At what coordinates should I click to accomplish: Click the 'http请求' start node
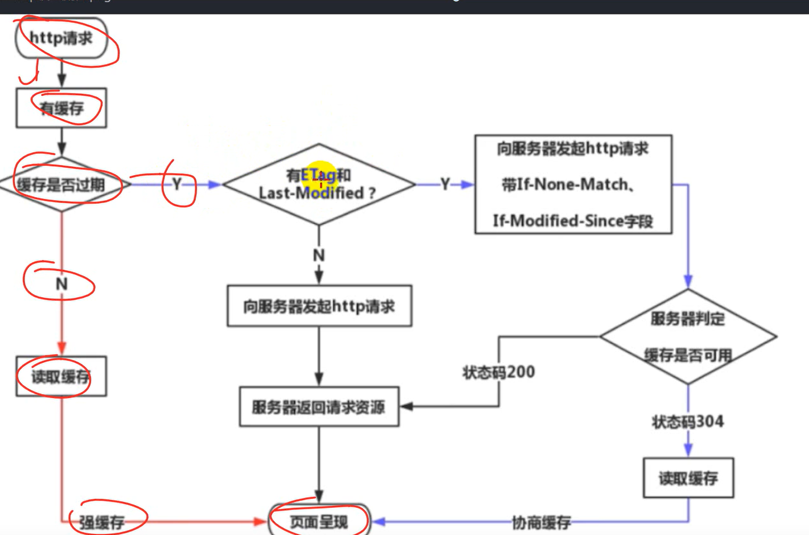61,38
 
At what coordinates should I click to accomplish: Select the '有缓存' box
61,108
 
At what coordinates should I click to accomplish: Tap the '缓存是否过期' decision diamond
61,185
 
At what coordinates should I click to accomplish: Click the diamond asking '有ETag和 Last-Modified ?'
318,184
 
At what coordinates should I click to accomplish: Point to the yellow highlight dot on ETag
319,176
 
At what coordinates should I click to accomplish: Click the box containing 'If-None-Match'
573,184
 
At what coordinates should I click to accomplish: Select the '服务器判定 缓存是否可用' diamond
687,337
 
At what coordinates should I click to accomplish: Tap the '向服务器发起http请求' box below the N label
319,306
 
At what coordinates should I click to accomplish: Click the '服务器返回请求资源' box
319,407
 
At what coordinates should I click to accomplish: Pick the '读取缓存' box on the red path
61,377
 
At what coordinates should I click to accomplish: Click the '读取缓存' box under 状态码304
688,478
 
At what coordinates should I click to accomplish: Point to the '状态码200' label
499,372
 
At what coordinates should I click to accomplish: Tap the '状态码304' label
687,421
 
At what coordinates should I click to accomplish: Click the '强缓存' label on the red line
102,522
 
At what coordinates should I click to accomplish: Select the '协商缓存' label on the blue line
541,523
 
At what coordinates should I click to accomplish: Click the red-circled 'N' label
61,284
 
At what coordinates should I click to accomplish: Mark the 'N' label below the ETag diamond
319,255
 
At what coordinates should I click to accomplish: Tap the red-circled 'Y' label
177,184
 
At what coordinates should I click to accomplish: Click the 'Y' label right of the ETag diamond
445,184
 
